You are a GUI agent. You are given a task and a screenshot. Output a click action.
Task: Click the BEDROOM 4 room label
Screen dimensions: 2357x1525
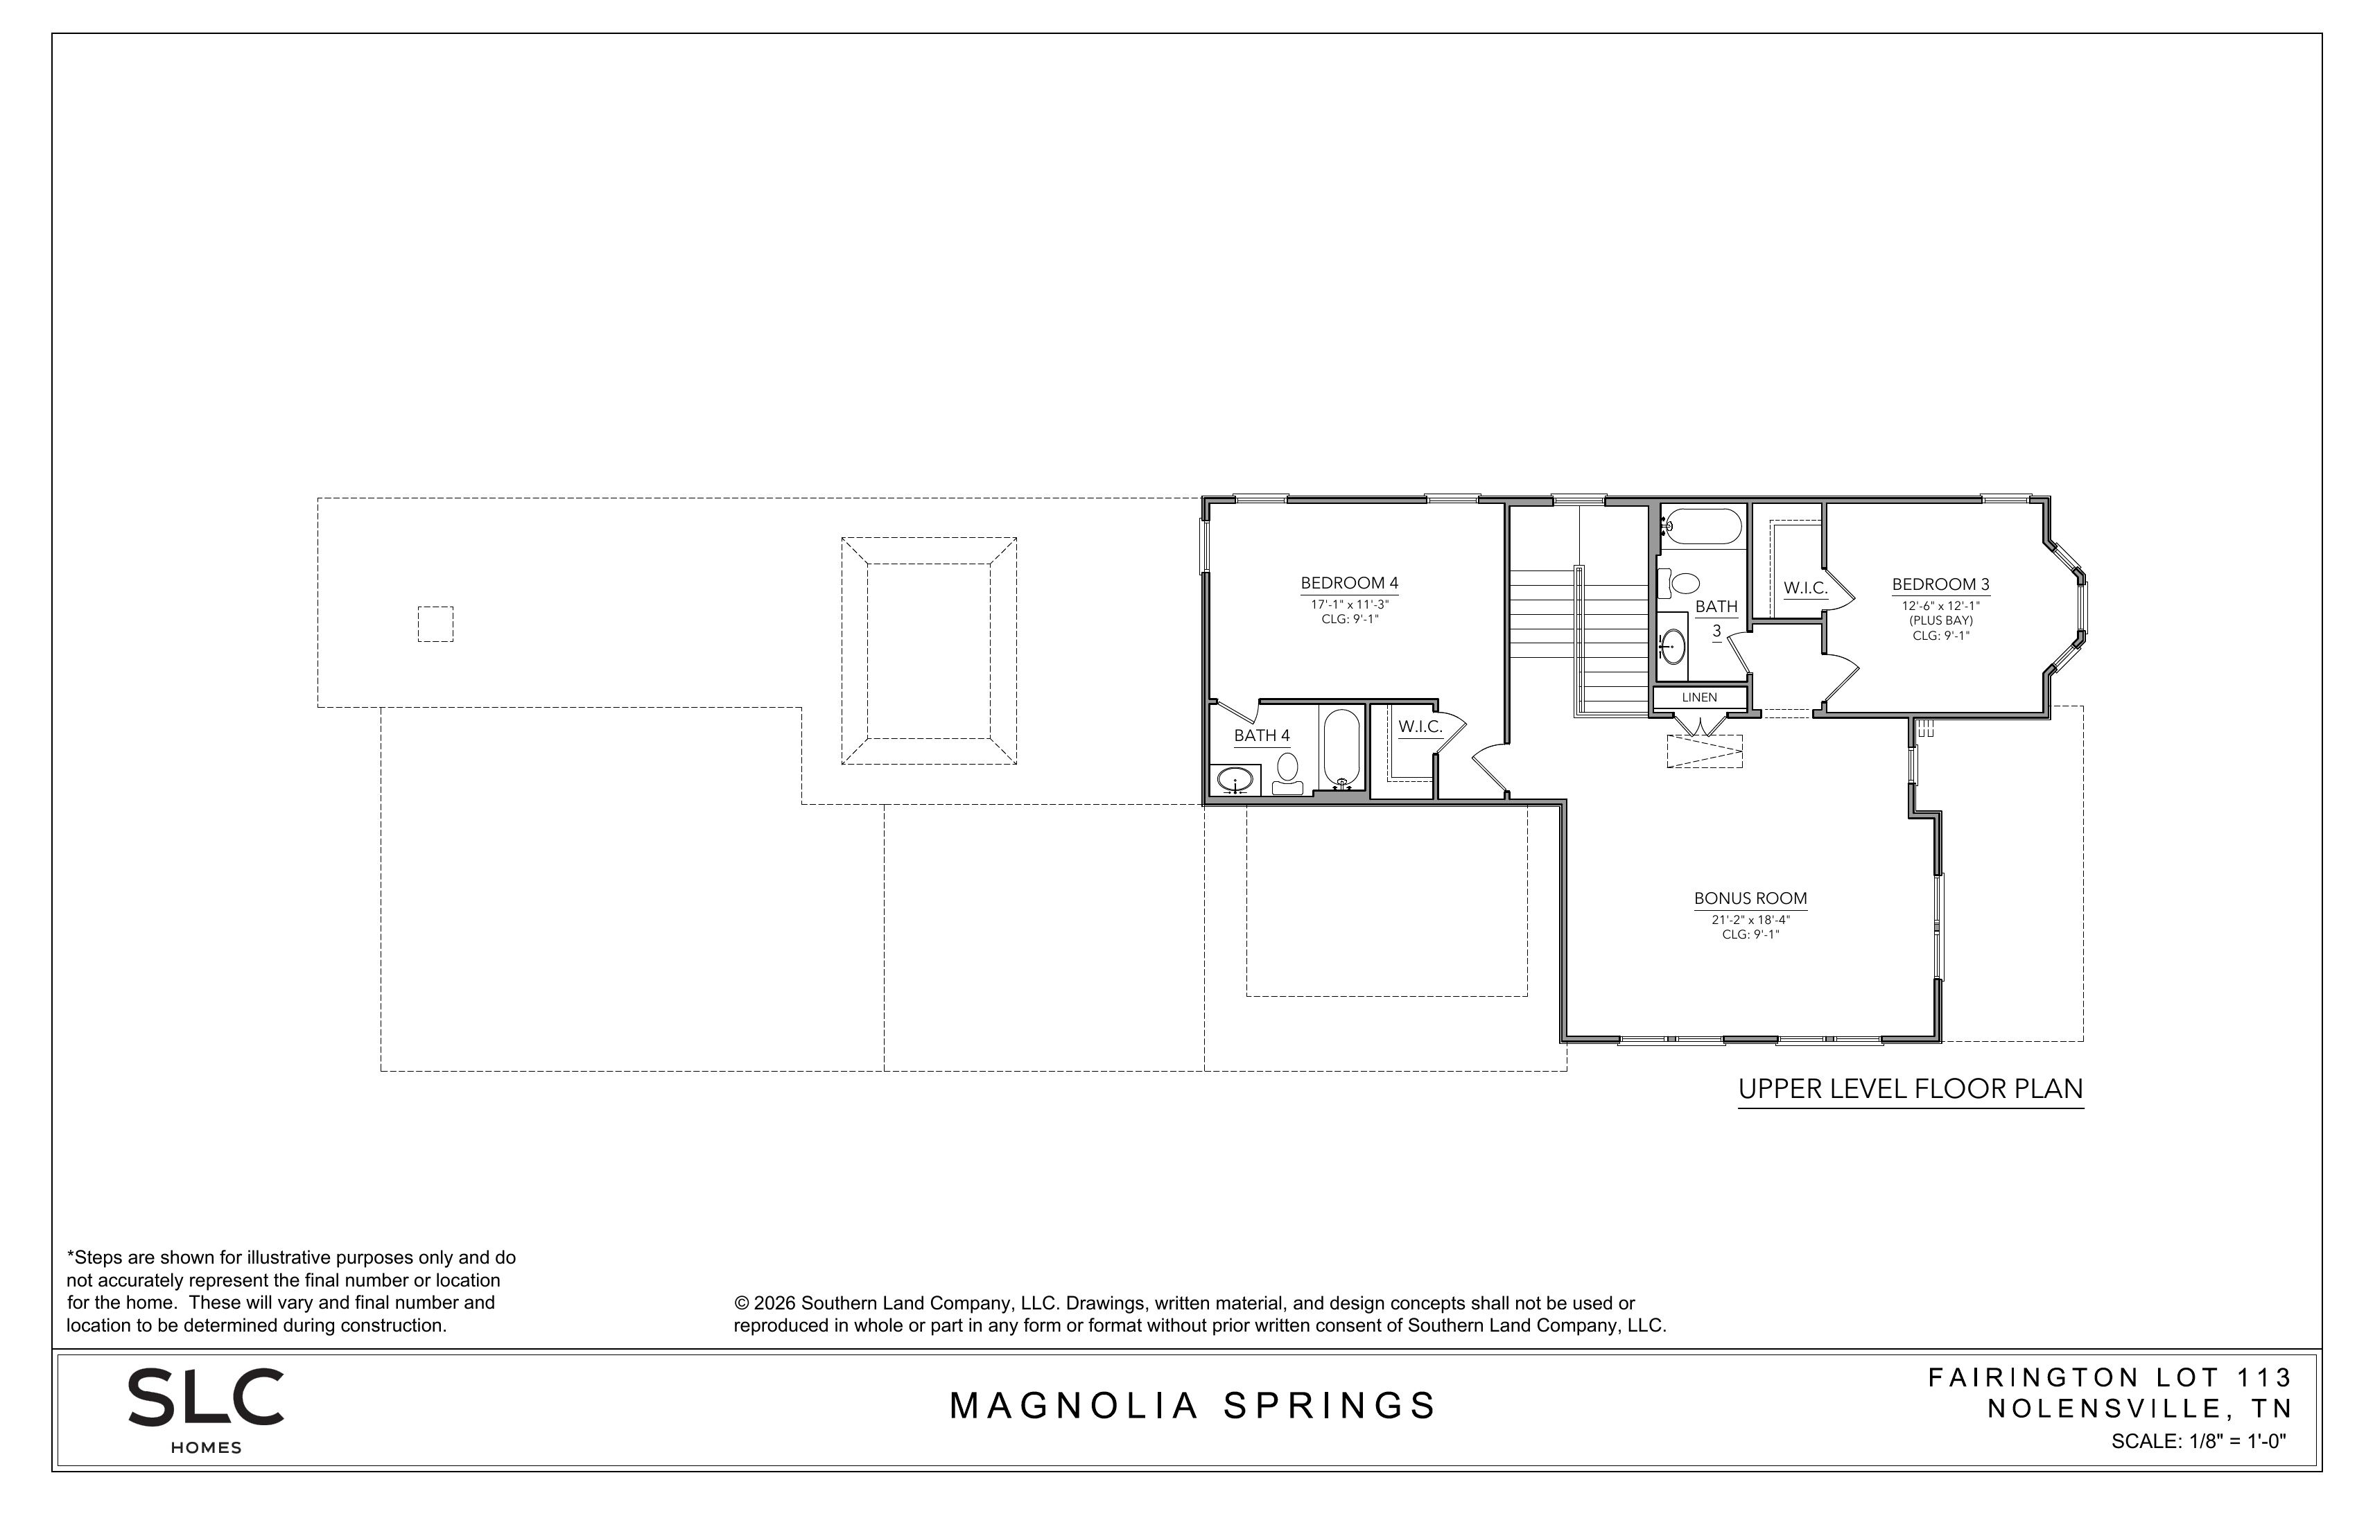point(1349,583)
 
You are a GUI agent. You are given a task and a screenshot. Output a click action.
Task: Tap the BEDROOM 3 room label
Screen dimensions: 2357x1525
point(1940,584)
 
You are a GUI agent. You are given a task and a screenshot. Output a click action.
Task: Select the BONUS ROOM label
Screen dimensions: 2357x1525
point(1750,898)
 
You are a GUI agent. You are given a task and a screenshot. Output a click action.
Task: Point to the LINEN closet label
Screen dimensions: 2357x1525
point(1699,697)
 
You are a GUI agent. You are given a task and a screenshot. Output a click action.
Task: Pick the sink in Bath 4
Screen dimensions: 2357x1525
point(1235,779)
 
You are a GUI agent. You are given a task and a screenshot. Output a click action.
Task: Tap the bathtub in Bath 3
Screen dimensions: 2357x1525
point(1701,527)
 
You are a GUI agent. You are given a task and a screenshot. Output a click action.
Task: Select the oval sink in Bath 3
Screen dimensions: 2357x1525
point(1673,647)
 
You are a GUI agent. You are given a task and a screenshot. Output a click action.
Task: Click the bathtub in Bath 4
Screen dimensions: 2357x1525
point(1342,749)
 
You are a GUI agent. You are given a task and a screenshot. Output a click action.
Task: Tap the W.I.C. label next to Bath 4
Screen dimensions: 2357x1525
point(1420,727)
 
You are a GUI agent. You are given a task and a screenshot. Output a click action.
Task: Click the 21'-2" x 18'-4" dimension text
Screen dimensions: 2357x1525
point(1750,919)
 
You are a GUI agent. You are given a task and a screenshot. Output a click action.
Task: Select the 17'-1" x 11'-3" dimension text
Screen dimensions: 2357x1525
point(1349,604)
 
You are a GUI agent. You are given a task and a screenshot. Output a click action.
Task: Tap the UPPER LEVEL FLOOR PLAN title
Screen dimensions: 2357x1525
point(1911,1089)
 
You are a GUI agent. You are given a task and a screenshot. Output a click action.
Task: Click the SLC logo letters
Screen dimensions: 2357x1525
point(206,1397)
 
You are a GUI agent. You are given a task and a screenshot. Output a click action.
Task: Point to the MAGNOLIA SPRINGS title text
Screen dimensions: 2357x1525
point(1192,1406)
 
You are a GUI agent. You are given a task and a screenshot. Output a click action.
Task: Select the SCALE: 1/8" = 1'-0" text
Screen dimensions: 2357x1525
point(2198,1442)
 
